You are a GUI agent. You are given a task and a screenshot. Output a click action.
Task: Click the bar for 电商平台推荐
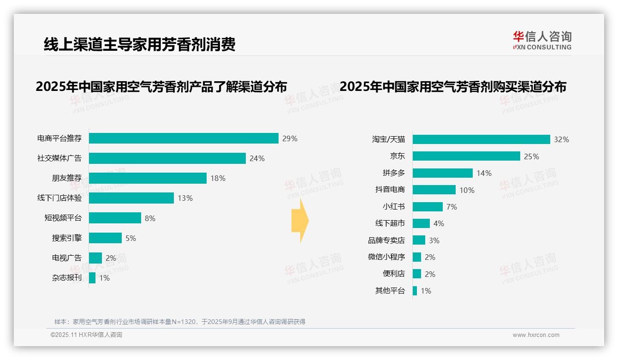[184, 138]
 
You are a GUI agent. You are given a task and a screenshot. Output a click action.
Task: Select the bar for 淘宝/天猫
[481, 139]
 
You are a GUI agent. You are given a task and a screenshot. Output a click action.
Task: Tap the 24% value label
[257, 159]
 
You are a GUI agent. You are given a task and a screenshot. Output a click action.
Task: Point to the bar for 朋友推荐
[148, 178]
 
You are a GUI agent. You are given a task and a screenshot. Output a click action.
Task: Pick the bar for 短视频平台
[115, 218]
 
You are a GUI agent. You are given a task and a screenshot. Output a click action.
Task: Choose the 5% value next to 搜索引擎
[131, 238]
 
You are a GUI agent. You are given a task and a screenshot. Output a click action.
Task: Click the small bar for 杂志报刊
[92, 278]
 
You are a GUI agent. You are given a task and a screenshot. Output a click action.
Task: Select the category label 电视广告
[66, 258]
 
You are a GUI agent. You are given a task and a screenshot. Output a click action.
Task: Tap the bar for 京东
[466, 156]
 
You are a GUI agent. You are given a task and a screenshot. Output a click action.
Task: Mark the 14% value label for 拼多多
[484, 174]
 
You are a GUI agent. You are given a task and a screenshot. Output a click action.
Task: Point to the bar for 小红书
[428, 207]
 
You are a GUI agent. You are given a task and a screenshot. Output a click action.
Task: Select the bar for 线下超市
[421, 223]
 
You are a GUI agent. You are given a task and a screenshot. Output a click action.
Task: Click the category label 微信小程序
[386, 257]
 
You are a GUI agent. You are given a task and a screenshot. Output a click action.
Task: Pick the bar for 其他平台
[415, 291]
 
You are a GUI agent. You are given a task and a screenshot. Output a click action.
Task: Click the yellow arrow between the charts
[300, 221]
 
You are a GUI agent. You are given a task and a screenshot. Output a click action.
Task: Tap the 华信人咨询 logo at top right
[542, 40]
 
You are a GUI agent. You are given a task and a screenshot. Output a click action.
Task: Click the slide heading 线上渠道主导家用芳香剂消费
[139, 44]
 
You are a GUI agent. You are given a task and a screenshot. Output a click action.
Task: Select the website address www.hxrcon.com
[535, 335]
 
